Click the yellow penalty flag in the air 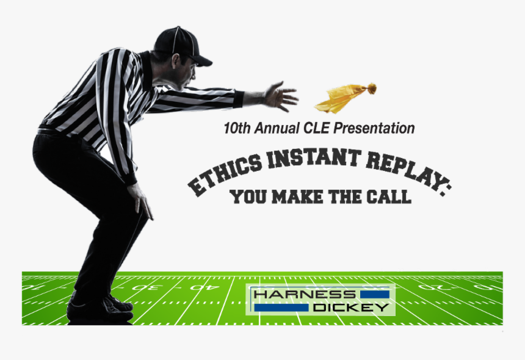tap(342, 98)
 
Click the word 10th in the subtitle tap(236, 129)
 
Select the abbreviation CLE tap(320, 129)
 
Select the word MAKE tap(296, 197)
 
